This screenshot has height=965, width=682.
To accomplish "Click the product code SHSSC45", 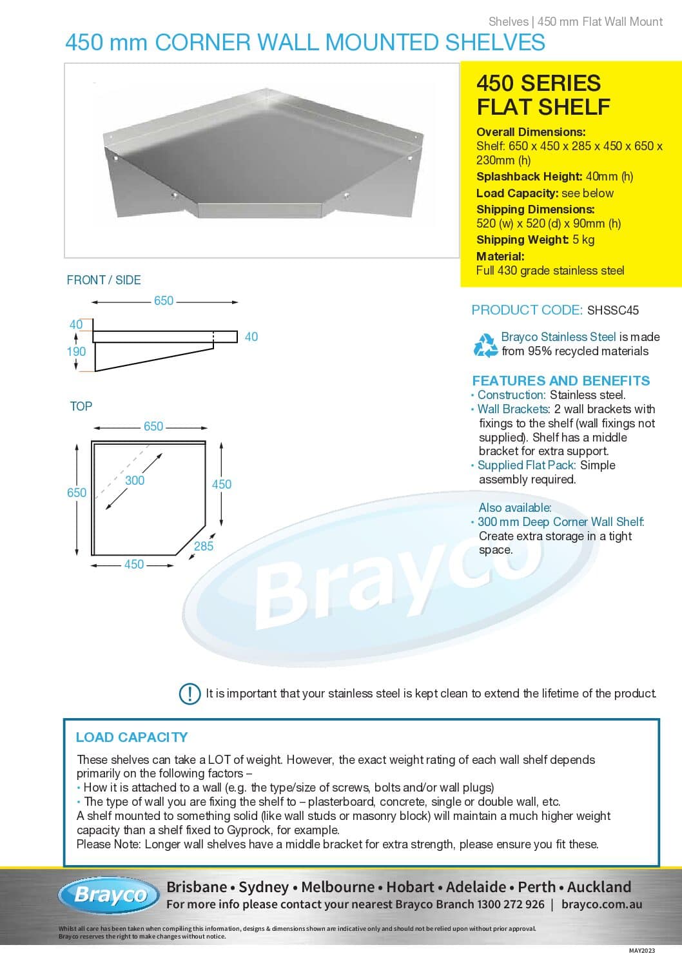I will (x=612, y=310).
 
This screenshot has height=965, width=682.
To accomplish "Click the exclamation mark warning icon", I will (x=190, y=694).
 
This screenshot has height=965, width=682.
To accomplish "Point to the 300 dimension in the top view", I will (x=135, y=480).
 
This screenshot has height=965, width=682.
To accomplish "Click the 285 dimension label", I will (x=204, y=546).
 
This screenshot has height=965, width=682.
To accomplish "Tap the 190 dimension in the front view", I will (x=76, y=351).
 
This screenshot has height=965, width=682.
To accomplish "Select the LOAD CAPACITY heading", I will (x=132, y=737).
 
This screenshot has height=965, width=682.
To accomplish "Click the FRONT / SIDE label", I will (x=104, y=280).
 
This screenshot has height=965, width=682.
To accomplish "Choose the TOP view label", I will (x=81, y=406).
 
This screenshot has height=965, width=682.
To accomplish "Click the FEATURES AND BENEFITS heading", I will (x=561, y=380).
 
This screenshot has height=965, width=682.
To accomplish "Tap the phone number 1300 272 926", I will (x=511, y=904).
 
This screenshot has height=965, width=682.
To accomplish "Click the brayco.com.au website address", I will (x=601, y=904).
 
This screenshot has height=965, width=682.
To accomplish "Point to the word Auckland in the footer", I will (x=599, y=887).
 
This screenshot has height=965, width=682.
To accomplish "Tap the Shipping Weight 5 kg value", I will (x=583, y=240).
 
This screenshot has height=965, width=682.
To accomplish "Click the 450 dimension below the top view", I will (x=134, y=565).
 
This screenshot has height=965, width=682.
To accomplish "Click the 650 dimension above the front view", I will (x=164, y=301).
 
